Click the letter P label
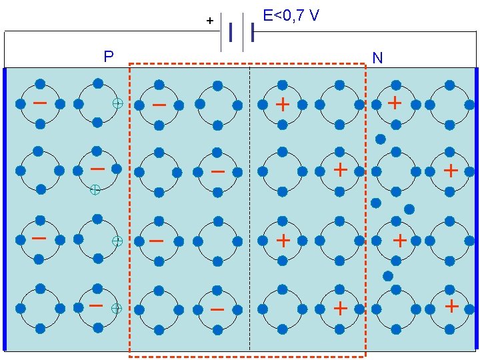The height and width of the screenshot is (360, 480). pos(109,56)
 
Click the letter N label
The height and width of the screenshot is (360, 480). pos(377,59)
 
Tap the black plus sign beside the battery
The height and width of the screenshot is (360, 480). pos(210,21)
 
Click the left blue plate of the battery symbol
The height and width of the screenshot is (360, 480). pos(231,32)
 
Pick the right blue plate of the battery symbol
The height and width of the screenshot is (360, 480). pos(253,32)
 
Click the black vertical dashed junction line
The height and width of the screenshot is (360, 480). pos(249,207)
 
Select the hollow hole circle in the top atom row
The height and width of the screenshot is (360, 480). pos(117,104)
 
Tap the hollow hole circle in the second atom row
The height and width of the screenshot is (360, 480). pos(95,190)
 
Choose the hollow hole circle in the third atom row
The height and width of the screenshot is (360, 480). pos(117,240)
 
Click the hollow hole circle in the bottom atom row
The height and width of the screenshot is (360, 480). pos(116,308)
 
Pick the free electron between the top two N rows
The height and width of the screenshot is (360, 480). pos(380,139)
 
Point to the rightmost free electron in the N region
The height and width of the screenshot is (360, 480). pos(409,209)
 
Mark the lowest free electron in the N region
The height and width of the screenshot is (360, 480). pos(388,275)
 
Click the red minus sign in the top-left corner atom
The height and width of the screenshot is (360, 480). pos(40,103)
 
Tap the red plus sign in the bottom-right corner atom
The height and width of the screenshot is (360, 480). pos(452,306)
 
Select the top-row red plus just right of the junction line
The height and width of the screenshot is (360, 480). pos(283,104)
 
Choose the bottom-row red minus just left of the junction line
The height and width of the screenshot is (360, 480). pos(217,309)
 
